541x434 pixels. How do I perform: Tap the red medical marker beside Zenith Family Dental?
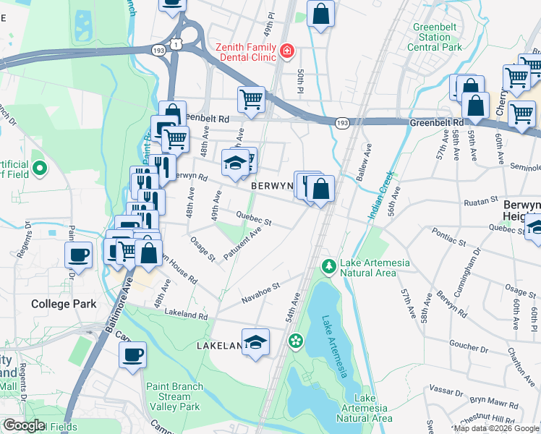click(287, 51)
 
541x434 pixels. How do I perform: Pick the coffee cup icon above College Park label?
click(79, 255)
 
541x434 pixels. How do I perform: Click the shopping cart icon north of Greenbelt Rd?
click(251, 99)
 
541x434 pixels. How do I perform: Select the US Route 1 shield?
click(176, 44)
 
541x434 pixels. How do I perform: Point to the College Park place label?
click(64, 304)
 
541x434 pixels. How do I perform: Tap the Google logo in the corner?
click(23, 425)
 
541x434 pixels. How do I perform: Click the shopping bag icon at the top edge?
click(320, 13)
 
